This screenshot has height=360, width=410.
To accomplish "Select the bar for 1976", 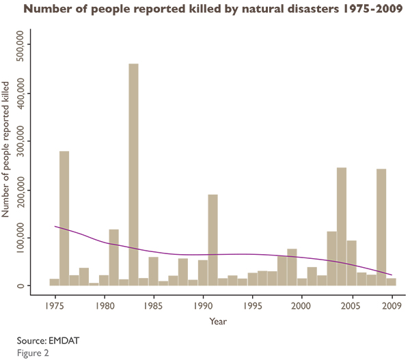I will point(64,219).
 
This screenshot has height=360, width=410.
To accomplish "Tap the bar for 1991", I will point(213,240).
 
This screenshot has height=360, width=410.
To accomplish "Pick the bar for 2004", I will point(342,226).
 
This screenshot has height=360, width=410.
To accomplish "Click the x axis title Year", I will point(219,320).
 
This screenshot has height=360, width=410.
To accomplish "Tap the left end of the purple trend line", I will point(55,226).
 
